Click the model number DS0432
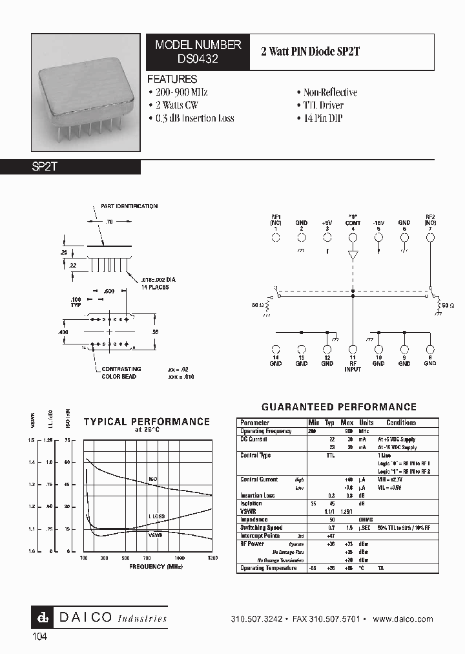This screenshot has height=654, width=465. [x=198, y=58]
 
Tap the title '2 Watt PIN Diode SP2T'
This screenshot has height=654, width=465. [x=310, y=52]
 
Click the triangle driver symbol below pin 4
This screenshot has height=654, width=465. [x=353, y=255]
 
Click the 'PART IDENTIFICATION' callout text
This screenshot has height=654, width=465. [x=129, y=206]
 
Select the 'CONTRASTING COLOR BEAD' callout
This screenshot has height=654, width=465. [x=119, y=373]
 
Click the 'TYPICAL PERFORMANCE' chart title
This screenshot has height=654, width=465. [x=147, y=422]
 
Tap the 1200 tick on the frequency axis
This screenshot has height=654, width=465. [x=212, y=557]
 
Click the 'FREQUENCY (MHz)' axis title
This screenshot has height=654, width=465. [x=148, y=566]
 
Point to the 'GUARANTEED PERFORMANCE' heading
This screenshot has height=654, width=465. [x=339, y=407]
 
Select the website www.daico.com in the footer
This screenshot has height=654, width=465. [x=403, y=619]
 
